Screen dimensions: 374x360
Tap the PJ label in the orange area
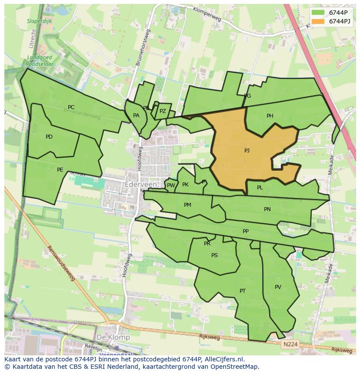247,151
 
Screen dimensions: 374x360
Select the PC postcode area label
71,107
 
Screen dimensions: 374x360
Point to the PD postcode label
49,137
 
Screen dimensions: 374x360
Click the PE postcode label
60,170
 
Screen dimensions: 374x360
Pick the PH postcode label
270,116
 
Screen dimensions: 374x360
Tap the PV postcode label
278,287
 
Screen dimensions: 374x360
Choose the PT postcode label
243,291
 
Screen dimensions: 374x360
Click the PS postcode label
214,255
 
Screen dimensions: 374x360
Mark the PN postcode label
267,209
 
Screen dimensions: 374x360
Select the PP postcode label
246,232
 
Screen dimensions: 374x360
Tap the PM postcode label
187,205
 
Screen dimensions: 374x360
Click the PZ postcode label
163,111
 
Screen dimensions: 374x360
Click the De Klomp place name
113,337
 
